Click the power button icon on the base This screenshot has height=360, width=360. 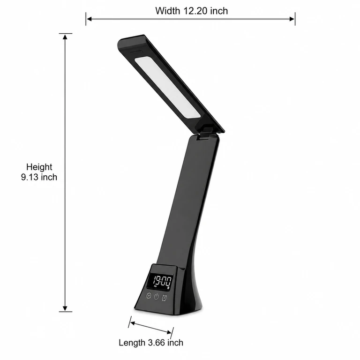click(157, 297)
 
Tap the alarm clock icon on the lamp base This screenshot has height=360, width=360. click(164, 298)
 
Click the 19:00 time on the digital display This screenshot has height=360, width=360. click(162, 281)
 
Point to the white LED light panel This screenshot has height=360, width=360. click(167, 87)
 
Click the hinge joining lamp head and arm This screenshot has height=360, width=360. click(205, 133)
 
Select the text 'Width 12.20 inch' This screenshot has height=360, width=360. click(191, 11)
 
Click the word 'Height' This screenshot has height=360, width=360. click(39, 167)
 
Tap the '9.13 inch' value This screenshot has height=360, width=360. click(39, 177)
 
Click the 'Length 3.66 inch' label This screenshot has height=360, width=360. click(151, 343)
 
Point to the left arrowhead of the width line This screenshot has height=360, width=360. click(89, 19)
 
